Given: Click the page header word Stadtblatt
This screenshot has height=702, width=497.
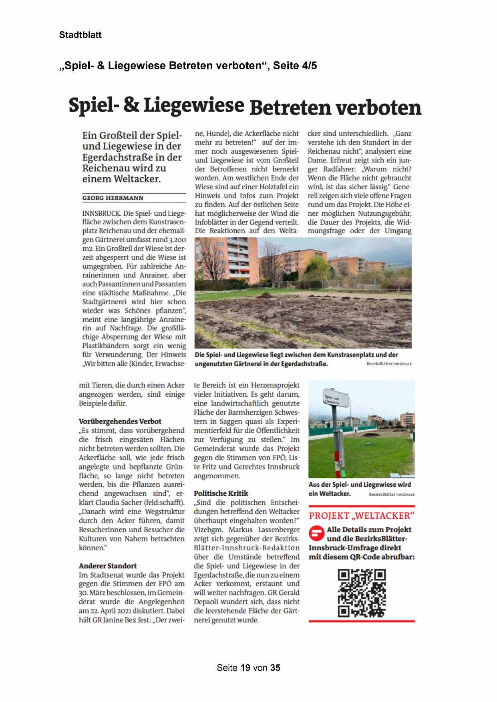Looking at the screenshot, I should pyautogui.click(x=80, y=35).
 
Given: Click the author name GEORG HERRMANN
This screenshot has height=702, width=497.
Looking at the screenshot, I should pyautogui.click(x=113, y=198).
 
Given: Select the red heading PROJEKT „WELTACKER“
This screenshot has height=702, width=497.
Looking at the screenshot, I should pyautogui.click(x=361, y=515).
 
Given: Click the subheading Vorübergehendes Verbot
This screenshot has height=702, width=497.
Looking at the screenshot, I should pyautogui.click(x=120, y=421).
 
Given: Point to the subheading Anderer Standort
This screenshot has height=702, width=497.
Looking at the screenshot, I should pyautogui.click(x=107, y=566).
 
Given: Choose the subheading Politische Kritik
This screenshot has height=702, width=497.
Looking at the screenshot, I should pyautogui.click(x=221, y=493).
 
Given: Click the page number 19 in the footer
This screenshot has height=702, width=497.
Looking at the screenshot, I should pyautogui.click(x=245, y=668).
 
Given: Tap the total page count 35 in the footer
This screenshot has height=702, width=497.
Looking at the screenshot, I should pyautogui.click(x=275, y=668).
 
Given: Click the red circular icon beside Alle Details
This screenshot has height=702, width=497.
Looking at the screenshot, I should pyautogui.click(x=316, y=533).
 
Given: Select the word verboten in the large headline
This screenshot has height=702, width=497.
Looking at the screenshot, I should pyautogui.click(x=378, y=108).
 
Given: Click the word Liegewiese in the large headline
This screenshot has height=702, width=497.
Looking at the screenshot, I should pyautogui.click(x=193, y=105).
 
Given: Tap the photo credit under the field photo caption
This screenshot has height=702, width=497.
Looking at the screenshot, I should pyautogui.click(x=388, y=364).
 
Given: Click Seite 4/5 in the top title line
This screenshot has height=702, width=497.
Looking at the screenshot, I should pyautogui.click(x=295, y=66).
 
